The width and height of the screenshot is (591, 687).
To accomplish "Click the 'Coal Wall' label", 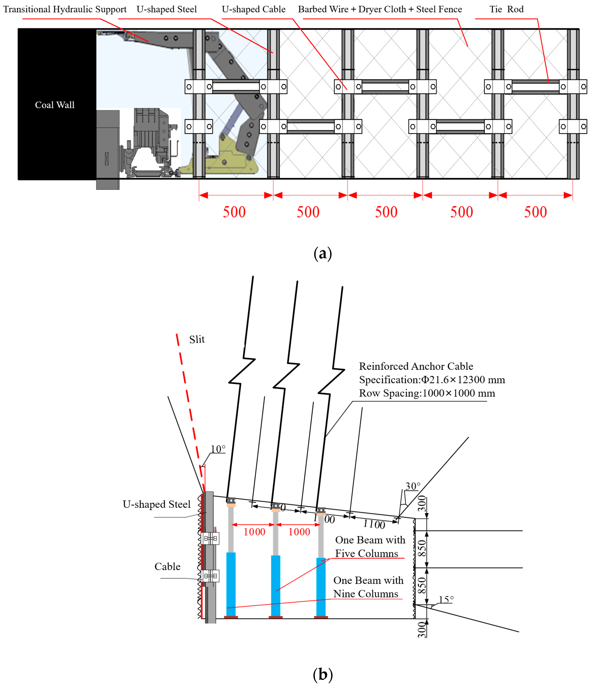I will [x=55, y=105].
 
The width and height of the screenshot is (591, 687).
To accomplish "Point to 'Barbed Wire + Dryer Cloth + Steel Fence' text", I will [x=380, y=9].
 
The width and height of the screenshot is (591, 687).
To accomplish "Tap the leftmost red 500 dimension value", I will [x=234, y=212].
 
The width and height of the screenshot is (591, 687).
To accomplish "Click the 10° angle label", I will [x=218, y=449].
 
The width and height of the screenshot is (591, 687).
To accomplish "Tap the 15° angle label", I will [x=446, y=600].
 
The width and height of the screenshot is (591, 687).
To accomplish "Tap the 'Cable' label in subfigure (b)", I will [x=167, y=566].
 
